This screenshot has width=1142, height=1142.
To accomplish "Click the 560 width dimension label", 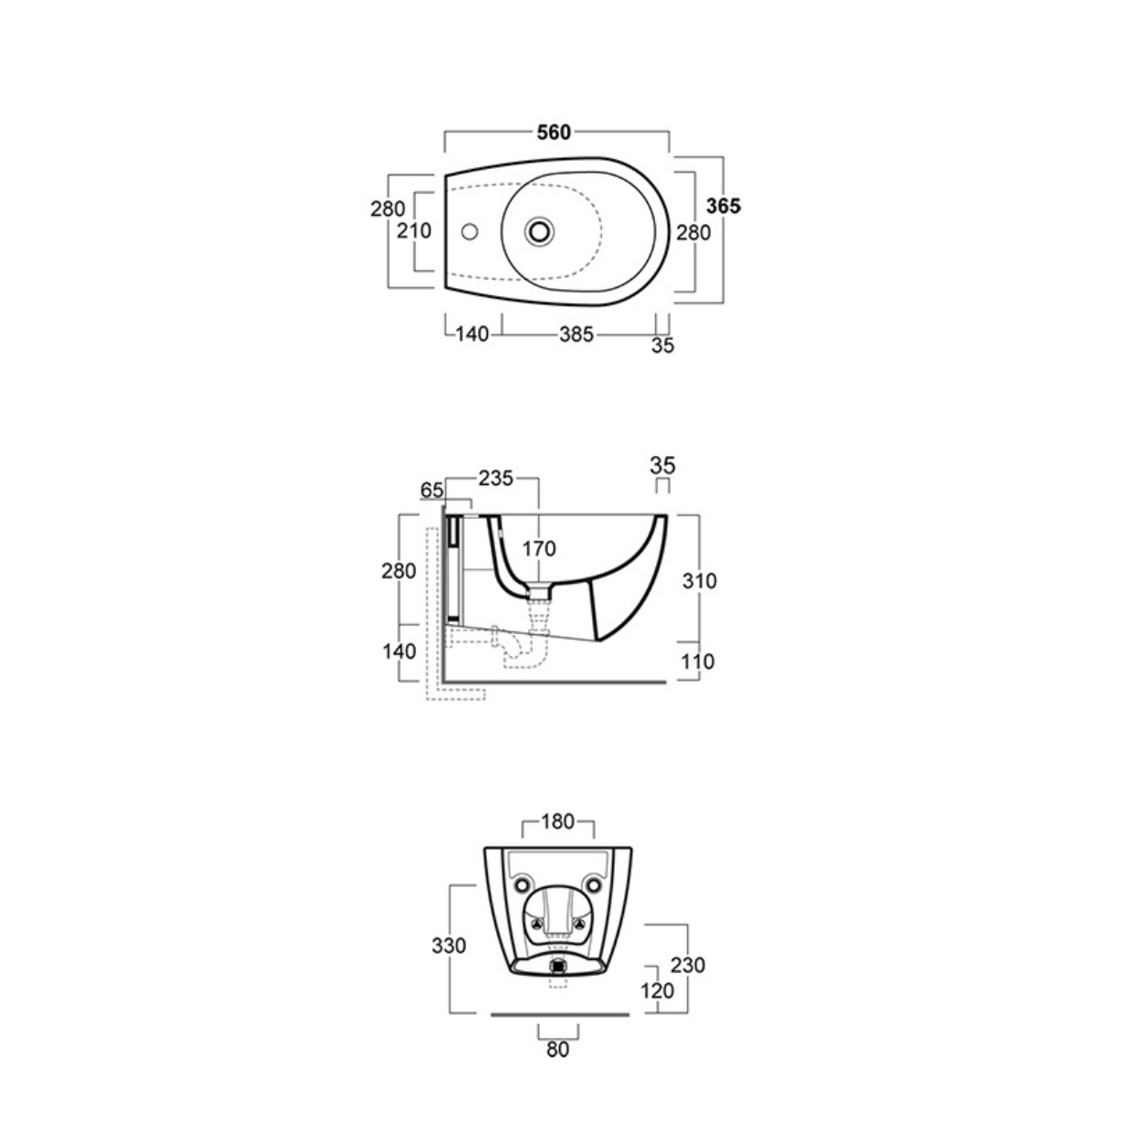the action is pos(554,132).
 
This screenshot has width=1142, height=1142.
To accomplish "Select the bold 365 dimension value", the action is pos(723,206).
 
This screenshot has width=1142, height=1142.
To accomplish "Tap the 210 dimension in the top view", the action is pos(414,230).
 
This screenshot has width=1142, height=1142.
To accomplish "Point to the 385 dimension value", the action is pos(576,335).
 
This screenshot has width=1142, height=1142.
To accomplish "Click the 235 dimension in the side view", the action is pos(495,478).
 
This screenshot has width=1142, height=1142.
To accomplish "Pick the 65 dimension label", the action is pos(431,491).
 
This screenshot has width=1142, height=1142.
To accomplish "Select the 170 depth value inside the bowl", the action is pos(539,549).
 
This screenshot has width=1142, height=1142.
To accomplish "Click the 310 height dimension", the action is pos(699,581).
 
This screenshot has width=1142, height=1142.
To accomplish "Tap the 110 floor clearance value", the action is pos(697,661).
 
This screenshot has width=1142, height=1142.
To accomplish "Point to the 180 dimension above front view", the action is pos(557,822).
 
